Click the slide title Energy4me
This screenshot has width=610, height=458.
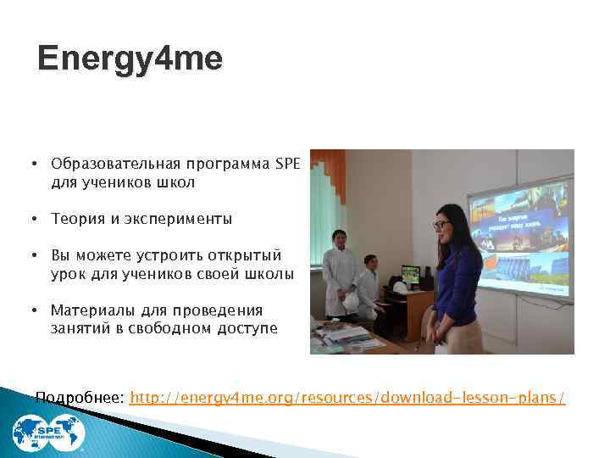tap(130, 59)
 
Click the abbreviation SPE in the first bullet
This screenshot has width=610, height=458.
tap(288, 163)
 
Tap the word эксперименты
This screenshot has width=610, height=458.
tap(185, 219)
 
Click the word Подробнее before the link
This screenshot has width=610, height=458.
tap(81, 397)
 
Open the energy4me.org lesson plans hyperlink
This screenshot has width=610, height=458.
tap(347, 397)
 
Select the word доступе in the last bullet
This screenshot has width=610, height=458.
tap(245, 327)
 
